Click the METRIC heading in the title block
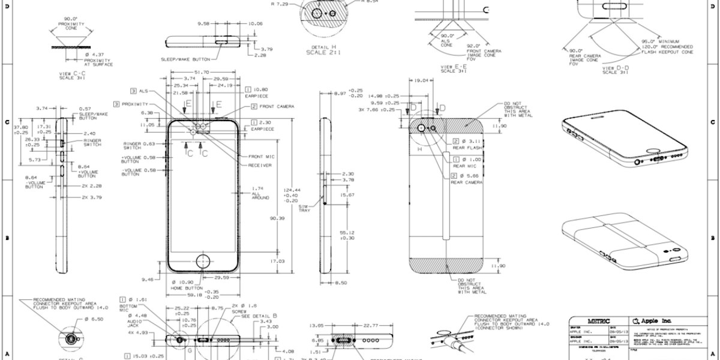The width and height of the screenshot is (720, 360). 593,322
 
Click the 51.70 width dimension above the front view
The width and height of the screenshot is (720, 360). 196,72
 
